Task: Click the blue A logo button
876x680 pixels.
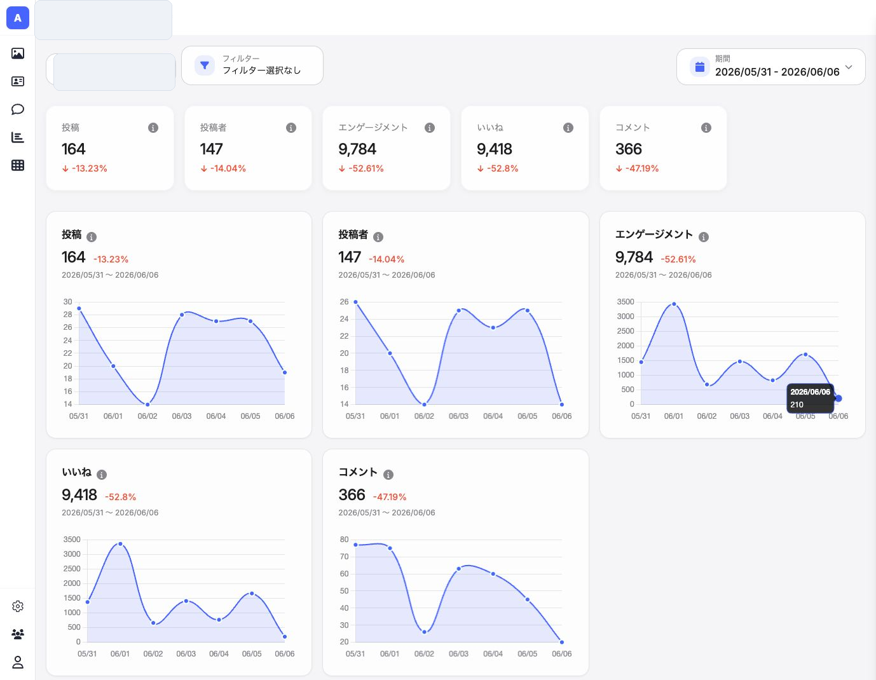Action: pyautogui.click(x=17, y=18)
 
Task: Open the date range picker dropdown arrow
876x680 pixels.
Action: pyautogui.click(x=849, y=67)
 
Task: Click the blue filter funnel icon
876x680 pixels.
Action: pyautogui.click(x=205, y=65)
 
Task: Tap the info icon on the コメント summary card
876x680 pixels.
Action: pyautogui.click(x=706, y=128)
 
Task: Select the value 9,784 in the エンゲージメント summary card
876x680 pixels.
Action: pyautogui.click(x=357, y=149)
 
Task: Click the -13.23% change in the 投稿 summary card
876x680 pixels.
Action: pyautogui.click(x=89, y=168)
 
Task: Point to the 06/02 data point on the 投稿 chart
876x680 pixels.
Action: pyautogui.click(x=147, y=404)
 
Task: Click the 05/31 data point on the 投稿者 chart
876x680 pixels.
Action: pyautogui.click(x=355, y=302)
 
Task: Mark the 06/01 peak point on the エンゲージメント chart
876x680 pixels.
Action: pyautogui.click(x=674, y=304)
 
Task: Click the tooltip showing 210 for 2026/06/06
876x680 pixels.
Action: pyautogui.click(x=810, y=398)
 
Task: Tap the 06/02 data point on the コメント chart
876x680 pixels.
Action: pyautogui.click(x=424, y=632)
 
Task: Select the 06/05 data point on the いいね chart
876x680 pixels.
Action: pyautogui.click(x=252, y=594)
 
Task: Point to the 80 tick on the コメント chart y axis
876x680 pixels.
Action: pyautogui.click(x=344, y=540)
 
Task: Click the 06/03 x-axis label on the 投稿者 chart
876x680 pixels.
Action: pyautogui.click(x=458, y=416)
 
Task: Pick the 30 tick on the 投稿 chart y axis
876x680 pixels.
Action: pyautogui.click(x=67, y=302)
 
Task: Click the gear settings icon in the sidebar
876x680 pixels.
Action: pyautogui.click(x=17, y=606)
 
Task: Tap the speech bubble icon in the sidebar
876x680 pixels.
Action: pyautogui.click(x=17, y=109)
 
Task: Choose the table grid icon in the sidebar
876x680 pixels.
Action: pyautogui.click(x=17, y=165)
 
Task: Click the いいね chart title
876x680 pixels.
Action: pyautogui.click(x=76, y=472)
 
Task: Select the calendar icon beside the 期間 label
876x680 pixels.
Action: pyautogui.click(x=700, y=67)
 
